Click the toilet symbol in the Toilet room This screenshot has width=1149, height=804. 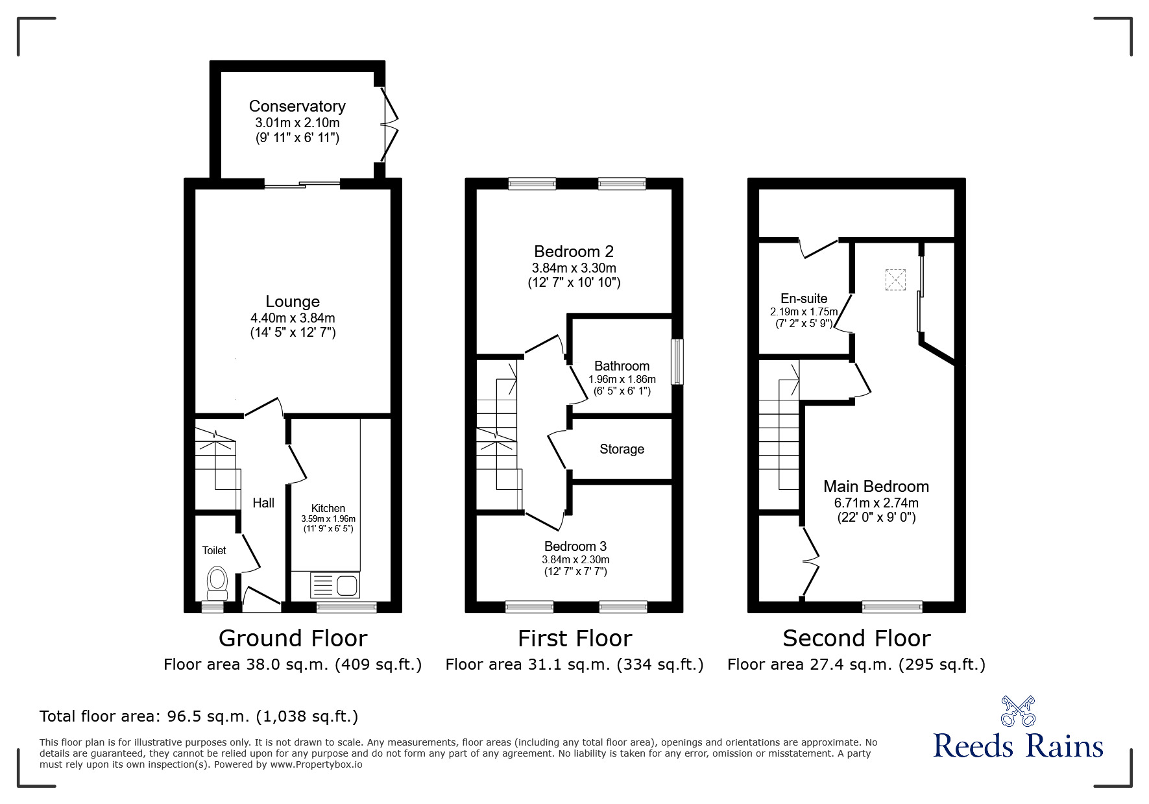[216, 583]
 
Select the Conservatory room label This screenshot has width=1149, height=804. [297, 106]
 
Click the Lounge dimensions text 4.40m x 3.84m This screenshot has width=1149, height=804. [293, 318]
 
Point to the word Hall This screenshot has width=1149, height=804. [263, 503]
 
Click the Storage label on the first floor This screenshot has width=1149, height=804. [622, 449]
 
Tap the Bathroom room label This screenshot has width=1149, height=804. [622, 366]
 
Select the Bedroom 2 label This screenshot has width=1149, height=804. [574, 251]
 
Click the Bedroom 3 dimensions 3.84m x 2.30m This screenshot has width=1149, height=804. [575, 559]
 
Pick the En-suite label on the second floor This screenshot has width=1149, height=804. [804, 298]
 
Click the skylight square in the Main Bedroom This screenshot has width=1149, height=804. [895, 280]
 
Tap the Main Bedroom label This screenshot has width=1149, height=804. [876, 487]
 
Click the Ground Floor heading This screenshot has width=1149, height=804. [293, 639]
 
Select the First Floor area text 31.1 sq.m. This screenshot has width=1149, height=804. [574, 664]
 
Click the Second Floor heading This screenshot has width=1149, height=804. [856, 639]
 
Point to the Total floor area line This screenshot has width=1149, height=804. [199, 716]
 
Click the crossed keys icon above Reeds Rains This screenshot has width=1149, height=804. [1018, 711]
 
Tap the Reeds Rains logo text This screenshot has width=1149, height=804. [1018, 746]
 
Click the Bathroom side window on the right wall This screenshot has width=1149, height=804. [677, 362]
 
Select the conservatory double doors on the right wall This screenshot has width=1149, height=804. [387, 124]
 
